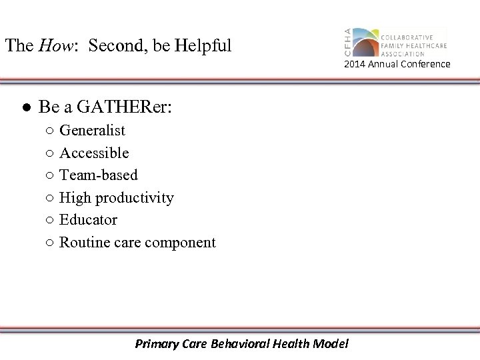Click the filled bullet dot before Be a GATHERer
point(24,107)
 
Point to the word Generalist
point(92,131)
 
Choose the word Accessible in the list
point(94,153)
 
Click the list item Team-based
point(99,175)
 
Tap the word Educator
point(88,220)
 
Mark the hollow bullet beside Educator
point(51,221)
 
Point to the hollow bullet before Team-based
point(51,176)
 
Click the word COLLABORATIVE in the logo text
point(407,37)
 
